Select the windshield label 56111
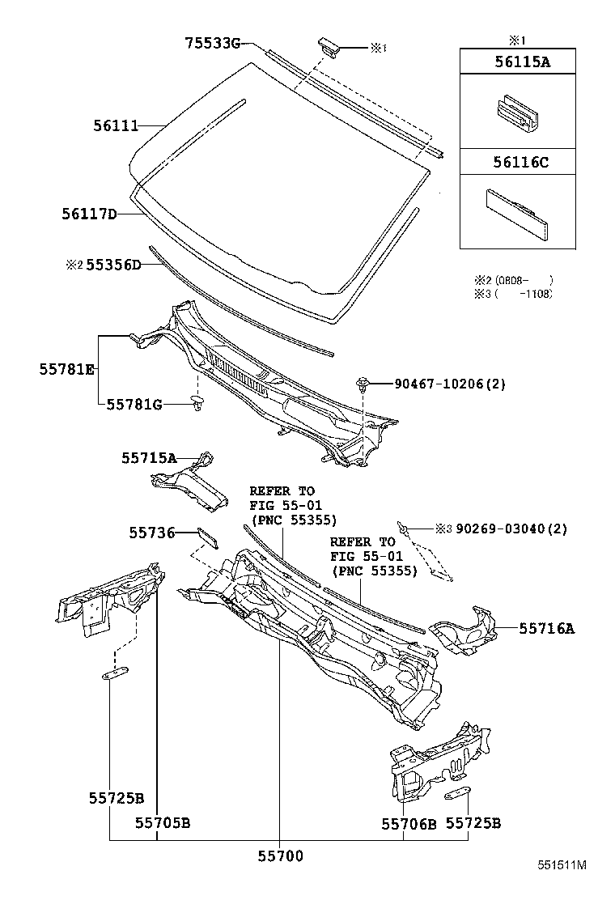click(x=116, y=125)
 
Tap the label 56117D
click(x=89, y=214)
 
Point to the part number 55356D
click(x=113, y=265)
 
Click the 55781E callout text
click(x=67, y=369)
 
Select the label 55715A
click(x=149, y=458)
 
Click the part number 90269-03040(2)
click(x=511, y=529)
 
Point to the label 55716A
click(x=546, y=627)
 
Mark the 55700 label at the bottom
click(x=281, y=855)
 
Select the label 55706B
click(x=409, y=823)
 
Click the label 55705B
click(x=162, y=823)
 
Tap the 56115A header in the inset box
click(x=511, y=62)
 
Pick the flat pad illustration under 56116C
click(x=514, y=212)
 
